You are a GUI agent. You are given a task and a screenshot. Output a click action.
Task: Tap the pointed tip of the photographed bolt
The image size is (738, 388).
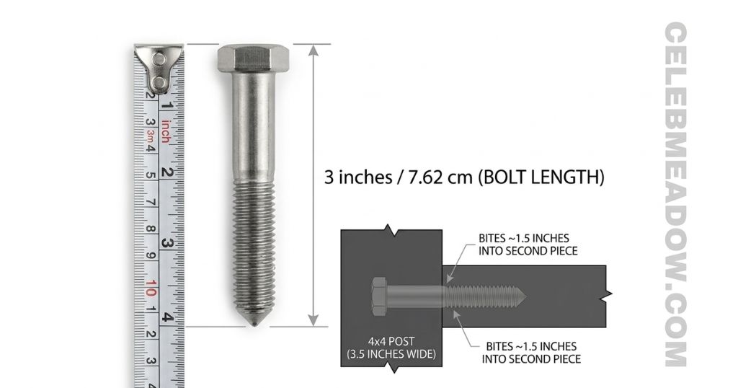[254, 322]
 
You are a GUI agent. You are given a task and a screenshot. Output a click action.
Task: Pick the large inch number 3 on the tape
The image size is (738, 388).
[166, 243]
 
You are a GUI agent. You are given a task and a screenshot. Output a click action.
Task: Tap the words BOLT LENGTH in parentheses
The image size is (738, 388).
[541, 177]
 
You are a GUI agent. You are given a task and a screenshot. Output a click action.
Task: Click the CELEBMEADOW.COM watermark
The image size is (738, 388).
[677, 195]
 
